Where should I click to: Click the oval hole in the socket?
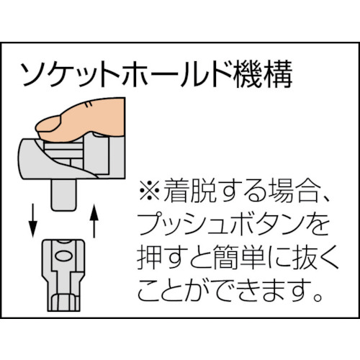tap(63, 253)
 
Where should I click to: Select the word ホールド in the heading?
tap(164, 74)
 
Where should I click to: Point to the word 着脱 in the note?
tap(189, 192)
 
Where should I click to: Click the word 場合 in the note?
tap(289, 192)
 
